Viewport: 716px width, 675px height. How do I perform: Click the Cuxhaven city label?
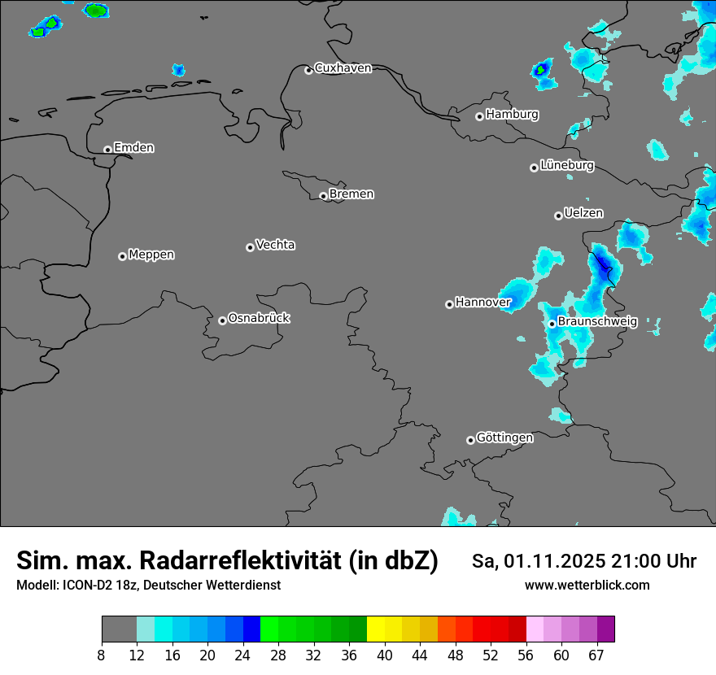tap(343, 68)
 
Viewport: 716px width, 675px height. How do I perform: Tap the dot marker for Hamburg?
tap(479, 116)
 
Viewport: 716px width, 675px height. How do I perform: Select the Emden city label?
tap(134, 148)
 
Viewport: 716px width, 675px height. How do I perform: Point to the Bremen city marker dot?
tap(323, 196)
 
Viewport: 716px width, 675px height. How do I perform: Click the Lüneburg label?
tap(567, 165)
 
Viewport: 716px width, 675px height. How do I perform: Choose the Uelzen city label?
tap(583, 213)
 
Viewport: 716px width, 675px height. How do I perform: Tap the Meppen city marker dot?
tap(122, 256)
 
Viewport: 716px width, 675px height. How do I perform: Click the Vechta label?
tap(275, 245)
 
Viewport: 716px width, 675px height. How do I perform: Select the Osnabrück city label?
tap(259, 318)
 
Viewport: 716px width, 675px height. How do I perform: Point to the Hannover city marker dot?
tap(449, 304)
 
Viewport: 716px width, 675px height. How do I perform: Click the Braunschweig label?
tap(597, 321)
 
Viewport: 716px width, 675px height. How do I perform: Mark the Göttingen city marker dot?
tap(470, 440)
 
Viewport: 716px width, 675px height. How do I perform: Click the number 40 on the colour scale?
tap(385, 655)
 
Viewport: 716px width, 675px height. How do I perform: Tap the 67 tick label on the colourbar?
tap(597, 655)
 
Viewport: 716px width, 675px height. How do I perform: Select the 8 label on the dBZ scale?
tap(101, 655)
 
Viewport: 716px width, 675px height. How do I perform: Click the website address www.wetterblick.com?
tap(587, 586)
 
